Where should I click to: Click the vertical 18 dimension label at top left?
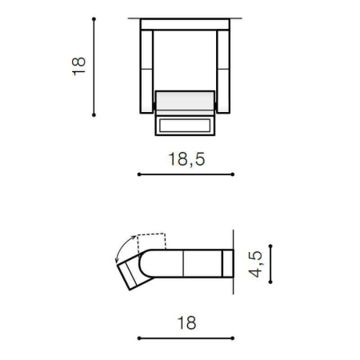(78, 66)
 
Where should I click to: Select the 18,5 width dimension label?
(186, 158)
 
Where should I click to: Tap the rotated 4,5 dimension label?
(255, 264)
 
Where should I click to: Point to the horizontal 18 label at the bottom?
(186, 323)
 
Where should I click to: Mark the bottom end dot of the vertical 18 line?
(94, 115)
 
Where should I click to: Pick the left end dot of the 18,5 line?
(139, 174)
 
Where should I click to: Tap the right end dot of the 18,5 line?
(234, 174)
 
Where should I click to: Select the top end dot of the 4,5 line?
(270, 246)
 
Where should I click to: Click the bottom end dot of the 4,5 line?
(270, 282)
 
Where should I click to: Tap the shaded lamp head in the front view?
(186, 102)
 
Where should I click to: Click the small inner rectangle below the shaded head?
(186, 126)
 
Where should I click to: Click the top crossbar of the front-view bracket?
(186, 25)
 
